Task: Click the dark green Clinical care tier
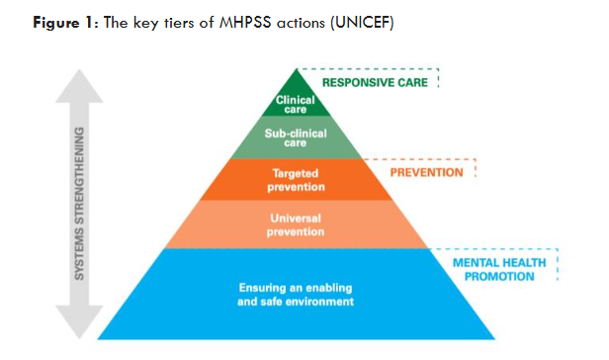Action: coord(296,102)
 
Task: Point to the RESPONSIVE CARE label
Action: coord(376,82)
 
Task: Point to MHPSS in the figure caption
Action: coord(256,22)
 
